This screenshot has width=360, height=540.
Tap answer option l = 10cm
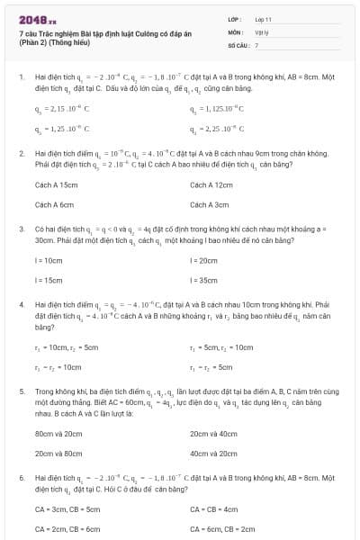click(x=49, y=260)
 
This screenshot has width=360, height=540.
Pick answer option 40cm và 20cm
click(x=213, y=454)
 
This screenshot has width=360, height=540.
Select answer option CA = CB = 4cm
click(x=213, y=508)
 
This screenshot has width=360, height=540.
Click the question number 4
click(x=21, y=306)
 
